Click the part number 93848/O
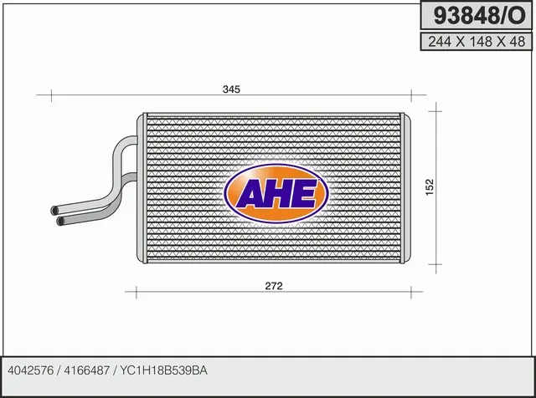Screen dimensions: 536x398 coord(479,16)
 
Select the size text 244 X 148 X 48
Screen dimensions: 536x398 coord(477,42)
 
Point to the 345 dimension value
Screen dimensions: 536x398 coord(231,89)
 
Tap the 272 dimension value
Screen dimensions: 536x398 coord(274,286)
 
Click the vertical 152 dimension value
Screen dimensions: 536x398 coord(430,187)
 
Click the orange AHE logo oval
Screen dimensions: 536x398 coord(276,193)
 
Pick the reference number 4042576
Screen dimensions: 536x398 coord(30,370)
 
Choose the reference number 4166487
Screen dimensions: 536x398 coord(87,370)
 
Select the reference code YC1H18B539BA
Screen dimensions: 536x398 coord(163,370)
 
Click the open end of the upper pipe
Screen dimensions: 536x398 coord(54,211)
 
